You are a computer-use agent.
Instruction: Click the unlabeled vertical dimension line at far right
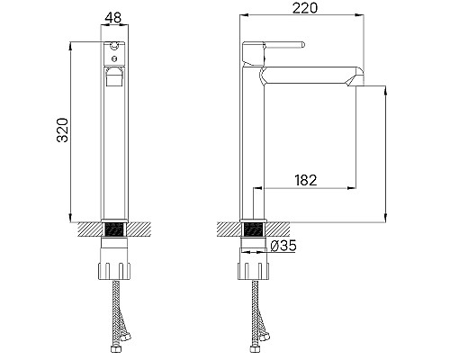point(385,153)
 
